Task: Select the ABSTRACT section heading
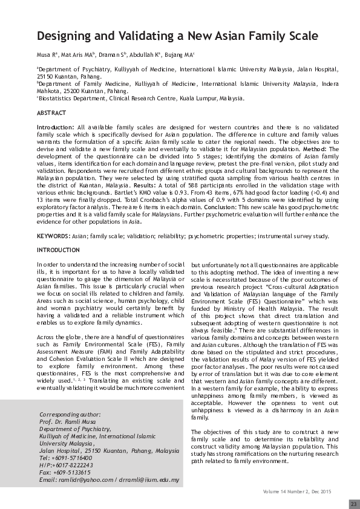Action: click(51, 113)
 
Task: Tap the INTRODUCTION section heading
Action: click(58, 250)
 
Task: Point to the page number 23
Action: click(353, 504)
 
